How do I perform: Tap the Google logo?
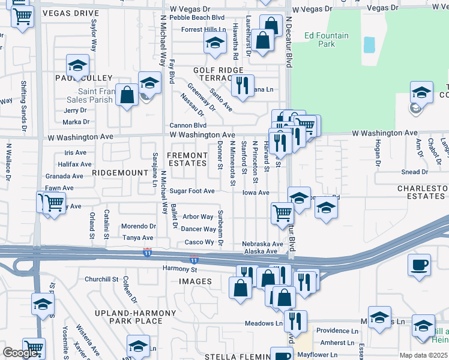click(20, 353)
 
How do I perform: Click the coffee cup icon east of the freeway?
click(419, 265)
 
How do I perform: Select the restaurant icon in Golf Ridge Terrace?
click(243, 85)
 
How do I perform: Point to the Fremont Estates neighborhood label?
click(187, 159)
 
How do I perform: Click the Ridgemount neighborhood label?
click(120, 172)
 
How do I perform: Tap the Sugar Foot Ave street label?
click(191, 191)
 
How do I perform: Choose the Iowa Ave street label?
click(256, 193)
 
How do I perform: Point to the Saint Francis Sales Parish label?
click(86, 95)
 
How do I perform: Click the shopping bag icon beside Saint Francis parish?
click(127, 95)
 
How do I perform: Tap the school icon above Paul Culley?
click(77, 65)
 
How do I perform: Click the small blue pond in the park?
click(369, 44)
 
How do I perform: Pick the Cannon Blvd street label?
click(187, 125)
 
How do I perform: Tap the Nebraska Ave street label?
click(262, 244)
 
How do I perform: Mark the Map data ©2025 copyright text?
click(424, 355)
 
